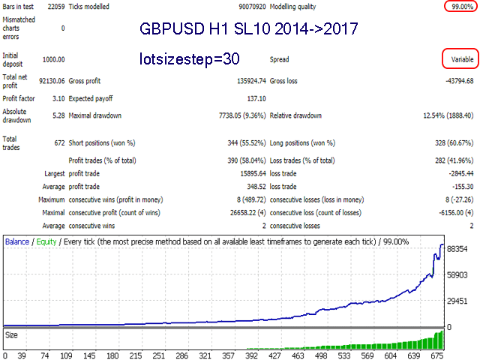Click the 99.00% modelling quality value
pyautogui.click(x=457, y=7)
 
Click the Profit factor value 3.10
pyautogui.click(x=57, y=98)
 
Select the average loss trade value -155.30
pyautogui.click(x=459, y=187)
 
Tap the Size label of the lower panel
pyautogui.click(x=13, y=334)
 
